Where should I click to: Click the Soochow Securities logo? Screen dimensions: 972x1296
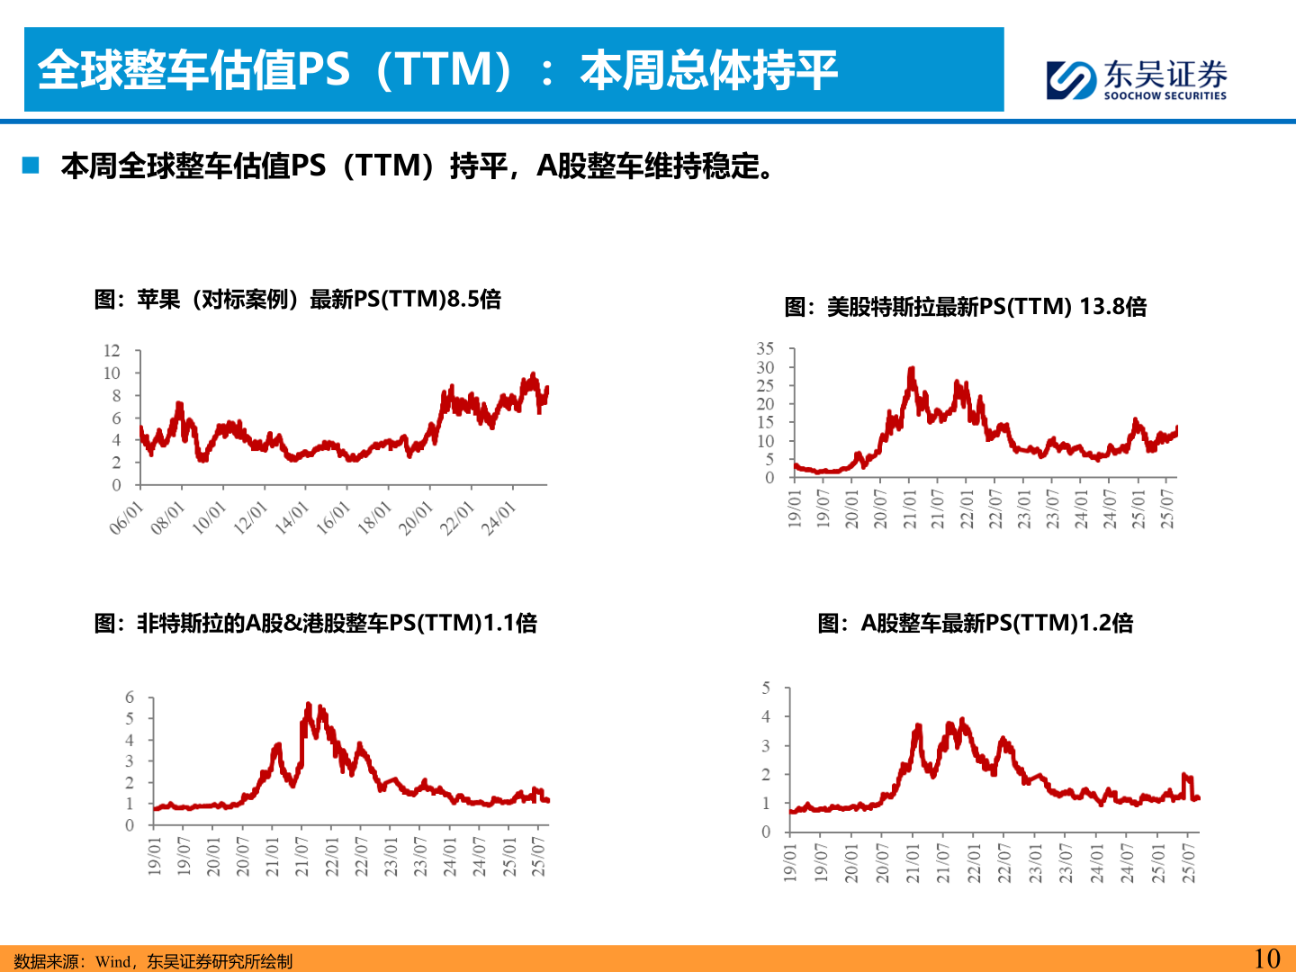1136,79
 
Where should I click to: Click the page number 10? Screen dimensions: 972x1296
1266,958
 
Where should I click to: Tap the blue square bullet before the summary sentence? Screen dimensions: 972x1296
31,166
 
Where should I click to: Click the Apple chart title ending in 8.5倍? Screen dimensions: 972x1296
297,299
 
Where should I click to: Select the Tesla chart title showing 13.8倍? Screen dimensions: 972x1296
965,307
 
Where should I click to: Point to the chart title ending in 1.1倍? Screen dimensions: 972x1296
315,623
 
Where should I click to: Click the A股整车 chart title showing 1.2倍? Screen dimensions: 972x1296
975,623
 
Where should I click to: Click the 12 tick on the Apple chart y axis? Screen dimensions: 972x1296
112,351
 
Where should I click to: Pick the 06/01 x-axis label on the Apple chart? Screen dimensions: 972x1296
126,518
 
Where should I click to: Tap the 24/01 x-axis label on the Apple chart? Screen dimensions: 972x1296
499,518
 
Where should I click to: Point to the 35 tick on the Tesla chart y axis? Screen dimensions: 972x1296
765,348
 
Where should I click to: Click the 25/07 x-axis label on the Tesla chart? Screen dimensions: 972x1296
1167,508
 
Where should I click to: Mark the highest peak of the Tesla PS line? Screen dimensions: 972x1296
912,369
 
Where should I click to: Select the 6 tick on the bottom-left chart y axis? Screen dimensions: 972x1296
130,697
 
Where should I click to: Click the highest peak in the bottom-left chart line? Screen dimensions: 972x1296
309,705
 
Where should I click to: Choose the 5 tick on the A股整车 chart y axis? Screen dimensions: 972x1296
766,688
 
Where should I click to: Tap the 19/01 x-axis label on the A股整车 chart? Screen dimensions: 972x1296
790,861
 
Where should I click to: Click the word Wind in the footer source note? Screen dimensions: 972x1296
112,961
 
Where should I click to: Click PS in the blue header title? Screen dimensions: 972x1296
322,70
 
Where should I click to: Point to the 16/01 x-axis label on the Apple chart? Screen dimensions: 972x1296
333,518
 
